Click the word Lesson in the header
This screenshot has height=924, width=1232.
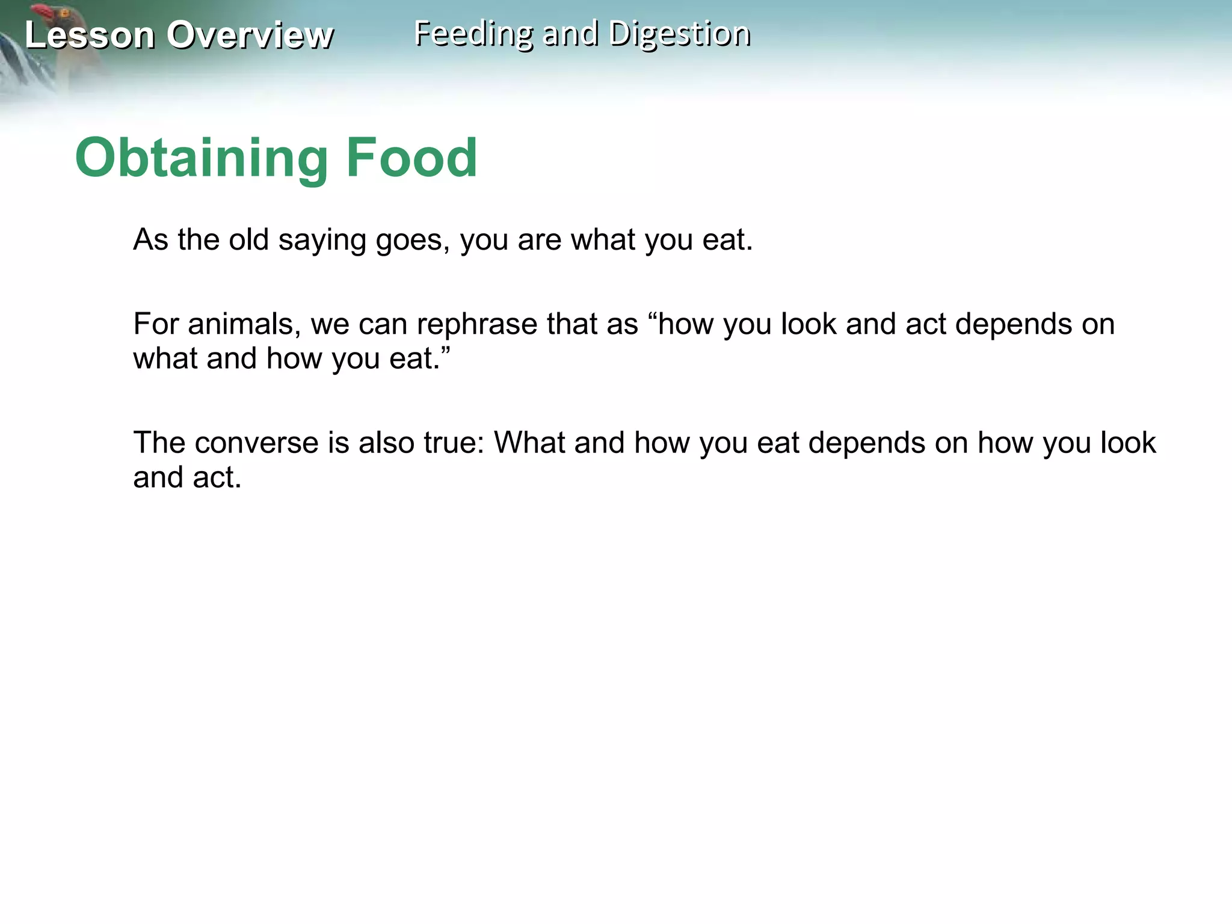click(90, 35)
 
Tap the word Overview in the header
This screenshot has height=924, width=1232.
click(250, 35)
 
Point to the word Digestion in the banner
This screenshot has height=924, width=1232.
click(679, 34)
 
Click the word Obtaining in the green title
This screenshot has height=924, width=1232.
click(201, 158)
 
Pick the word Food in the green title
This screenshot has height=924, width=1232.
click(411, 158)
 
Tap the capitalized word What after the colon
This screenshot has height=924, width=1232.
click(529, 443)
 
